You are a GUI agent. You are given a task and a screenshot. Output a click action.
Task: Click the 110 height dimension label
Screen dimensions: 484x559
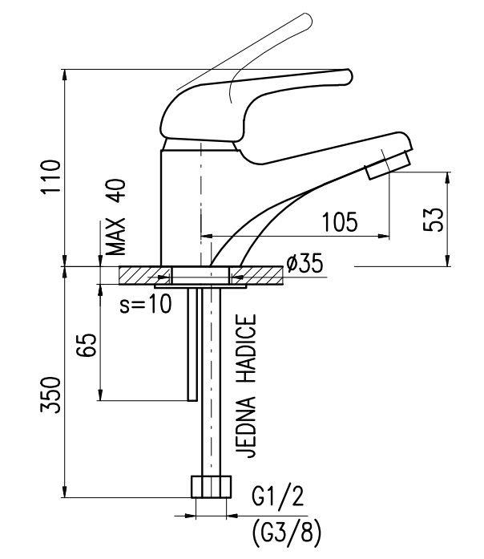(50, 176)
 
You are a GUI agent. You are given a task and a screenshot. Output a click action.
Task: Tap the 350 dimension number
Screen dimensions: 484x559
(50, 395)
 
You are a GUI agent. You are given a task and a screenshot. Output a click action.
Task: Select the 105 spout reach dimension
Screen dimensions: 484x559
(339, 221)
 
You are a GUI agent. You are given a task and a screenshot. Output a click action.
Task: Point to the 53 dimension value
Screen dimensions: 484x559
(434, 219)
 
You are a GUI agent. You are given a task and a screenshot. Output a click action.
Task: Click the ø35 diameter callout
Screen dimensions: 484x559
(305, 263)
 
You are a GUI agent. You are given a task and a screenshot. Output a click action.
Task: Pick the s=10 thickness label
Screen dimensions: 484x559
(146, 304)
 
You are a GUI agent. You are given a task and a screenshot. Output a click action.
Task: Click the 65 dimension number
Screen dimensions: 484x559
(87, 345)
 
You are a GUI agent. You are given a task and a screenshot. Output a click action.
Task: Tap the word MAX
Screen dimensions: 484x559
(116, 237)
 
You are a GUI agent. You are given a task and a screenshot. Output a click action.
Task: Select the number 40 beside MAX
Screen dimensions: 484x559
(116, 191)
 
